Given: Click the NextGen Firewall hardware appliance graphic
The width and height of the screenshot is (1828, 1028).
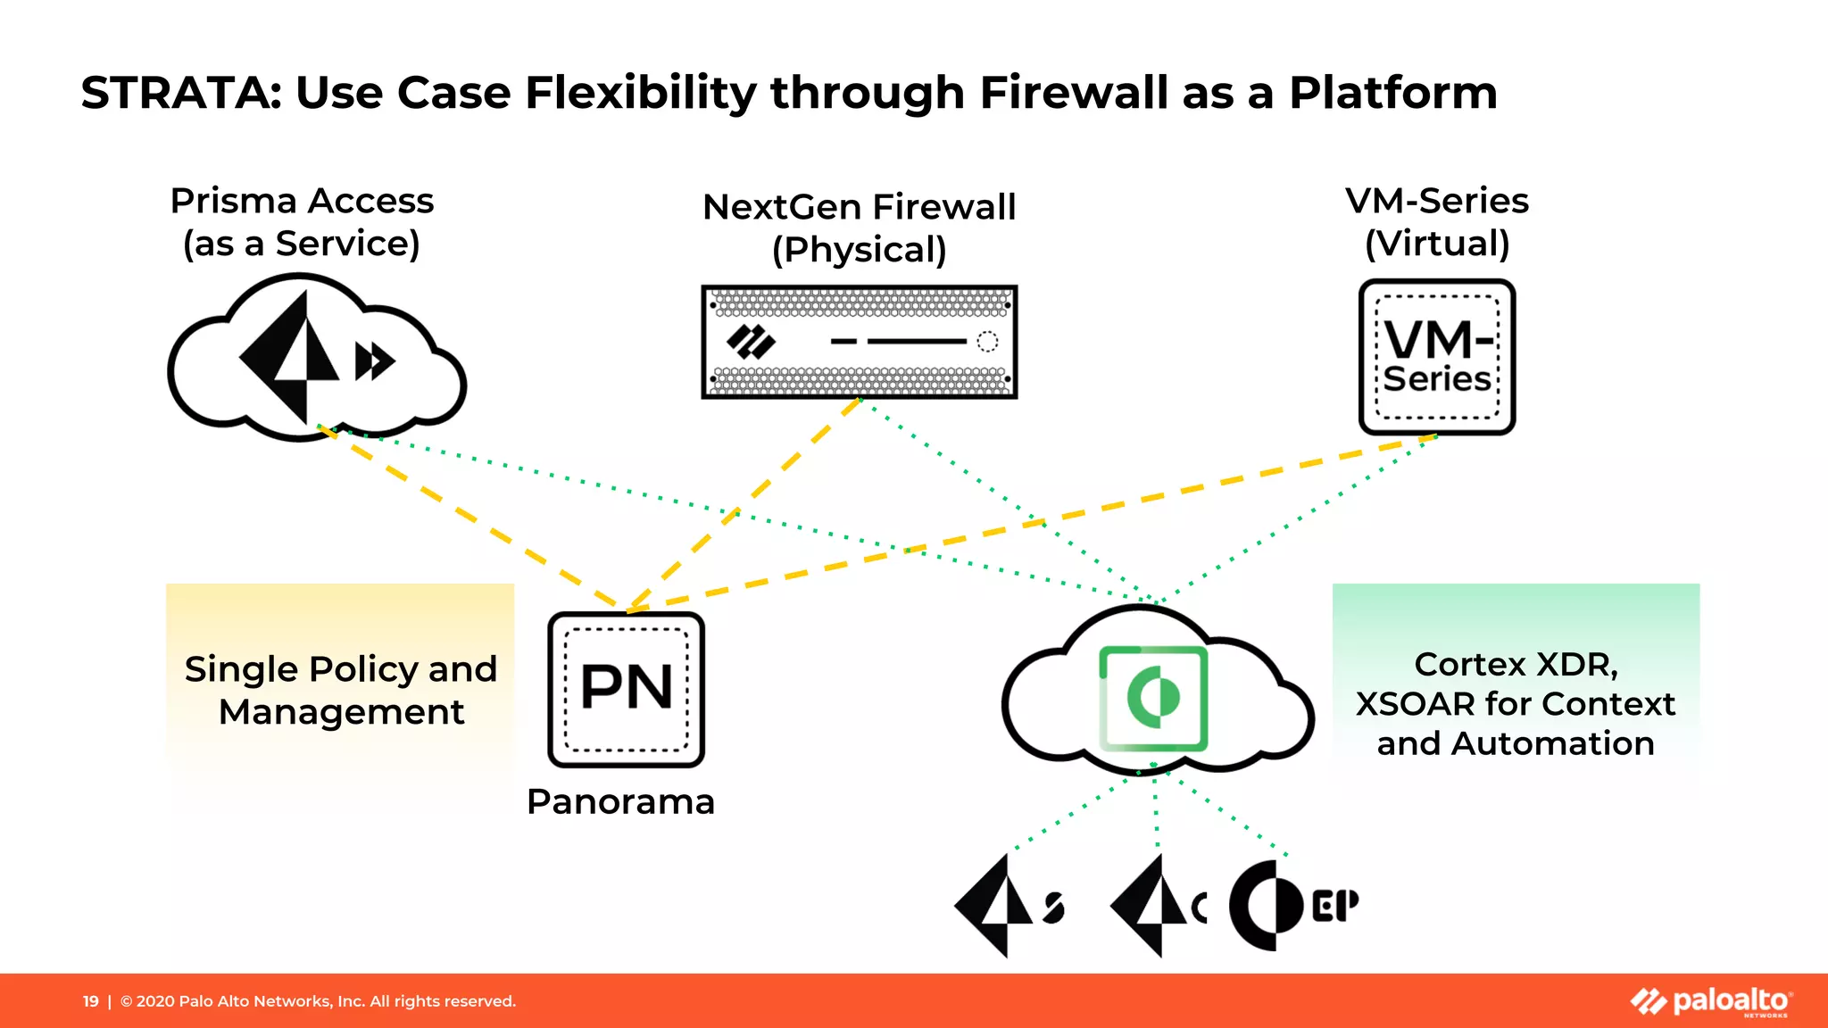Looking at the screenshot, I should point(859,342).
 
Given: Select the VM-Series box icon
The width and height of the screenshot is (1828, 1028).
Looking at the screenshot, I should point(1436,357).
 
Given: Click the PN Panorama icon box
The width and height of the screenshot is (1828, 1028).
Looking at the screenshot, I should point(626,689).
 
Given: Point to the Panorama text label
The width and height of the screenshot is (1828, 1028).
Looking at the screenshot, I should point(620,801).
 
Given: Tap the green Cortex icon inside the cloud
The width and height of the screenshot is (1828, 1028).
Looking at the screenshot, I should point(1153,698).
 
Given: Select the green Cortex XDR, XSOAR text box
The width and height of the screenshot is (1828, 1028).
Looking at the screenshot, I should point(1515,703).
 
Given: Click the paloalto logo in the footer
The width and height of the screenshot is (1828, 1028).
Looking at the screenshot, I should point(1710,1001).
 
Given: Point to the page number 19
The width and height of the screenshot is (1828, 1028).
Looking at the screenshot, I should point(90,1001).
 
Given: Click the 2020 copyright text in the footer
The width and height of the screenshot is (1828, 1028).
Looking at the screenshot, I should point(318,1001).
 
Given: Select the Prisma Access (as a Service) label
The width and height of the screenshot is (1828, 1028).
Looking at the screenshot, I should point(302,222).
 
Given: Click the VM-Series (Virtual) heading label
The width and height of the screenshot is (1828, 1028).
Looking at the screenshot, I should point(1436,222).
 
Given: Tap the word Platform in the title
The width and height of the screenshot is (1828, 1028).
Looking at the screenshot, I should point(1392,93).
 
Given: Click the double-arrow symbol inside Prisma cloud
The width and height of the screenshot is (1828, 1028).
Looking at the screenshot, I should point(375,361).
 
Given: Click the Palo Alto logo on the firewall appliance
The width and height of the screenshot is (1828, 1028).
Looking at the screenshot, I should point(751,342).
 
